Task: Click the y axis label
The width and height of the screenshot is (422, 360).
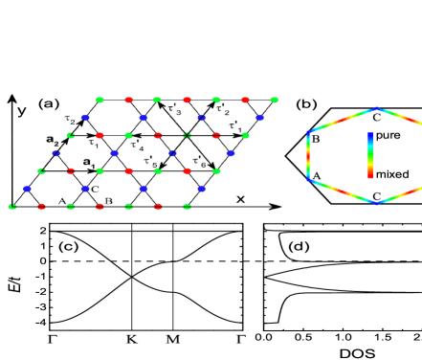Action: tap(21, 110)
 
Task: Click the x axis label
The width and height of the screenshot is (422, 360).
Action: tap(240, 198)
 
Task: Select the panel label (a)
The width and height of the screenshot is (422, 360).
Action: tap(49, 103)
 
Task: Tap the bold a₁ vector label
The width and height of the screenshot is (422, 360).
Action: tap(89, 163)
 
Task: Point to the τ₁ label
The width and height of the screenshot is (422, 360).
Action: tap(94, 144)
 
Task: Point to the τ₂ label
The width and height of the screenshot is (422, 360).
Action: tap(70, 120)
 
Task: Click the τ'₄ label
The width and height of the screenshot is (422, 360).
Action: tap(138, 146)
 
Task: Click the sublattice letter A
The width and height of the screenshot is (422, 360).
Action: tap(62, 200)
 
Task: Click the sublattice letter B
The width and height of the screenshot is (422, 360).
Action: tap(109, 200)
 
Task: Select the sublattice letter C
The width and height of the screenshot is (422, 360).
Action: tap(95, 190)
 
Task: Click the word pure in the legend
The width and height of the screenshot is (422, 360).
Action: tap(388, 137)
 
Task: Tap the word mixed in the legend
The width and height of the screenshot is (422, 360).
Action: tap(392, 174)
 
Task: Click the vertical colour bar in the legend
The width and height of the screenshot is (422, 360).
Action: tap(369, 155)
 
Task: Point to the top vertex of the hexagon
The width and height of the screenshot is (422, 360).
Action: tap(377, 108)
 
